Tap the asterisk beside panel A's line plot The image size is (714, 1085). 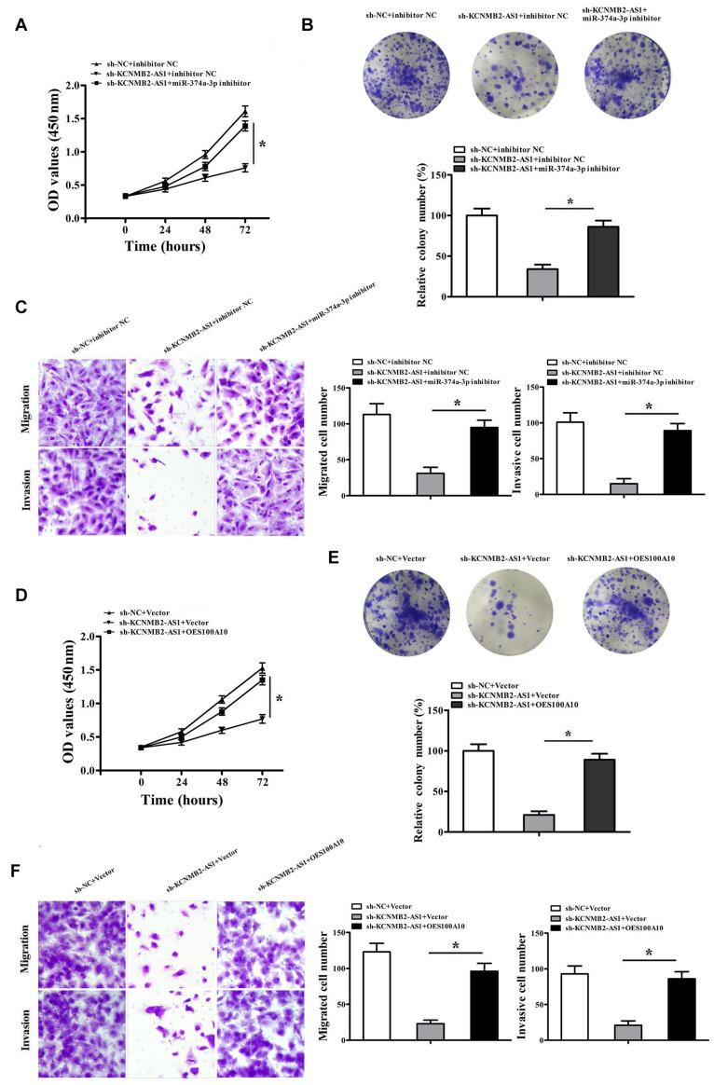click(262, 145)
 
